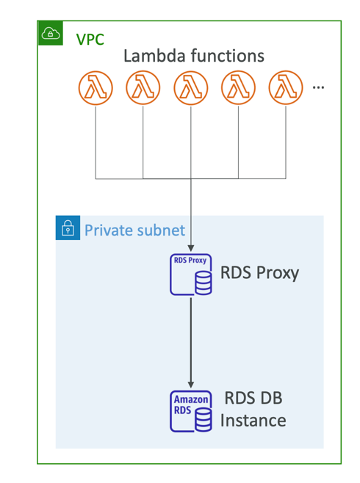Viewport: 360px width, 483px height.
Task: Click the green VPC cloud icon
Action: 51,33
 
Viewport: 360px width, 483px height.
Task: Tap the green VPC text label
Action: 90,40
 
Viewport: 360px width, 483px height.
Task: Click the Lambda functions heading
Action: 194,56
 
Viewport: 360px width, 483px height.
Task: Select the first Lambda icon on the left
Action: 96,88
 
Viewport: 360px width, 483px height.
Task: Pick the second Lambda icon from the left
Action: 143,88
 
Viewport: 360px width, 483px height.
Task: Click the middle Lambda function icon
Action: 191,88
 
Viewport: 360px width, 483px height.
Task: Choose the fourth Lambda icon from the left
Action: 238,88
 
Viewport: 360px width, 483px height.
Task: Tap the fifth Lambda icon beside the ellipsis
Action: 286,88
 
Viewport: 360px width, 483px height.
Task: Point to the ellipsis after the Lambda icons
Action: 318,88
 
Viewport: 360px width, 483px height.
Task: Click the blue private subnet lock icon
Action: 68,228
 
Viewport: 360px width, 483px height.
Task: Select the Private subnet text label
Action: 134,230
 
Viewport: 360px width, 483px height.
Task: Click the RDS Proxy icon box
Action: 191,275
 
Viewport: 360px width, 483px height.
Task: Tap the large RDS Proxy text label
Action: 259,273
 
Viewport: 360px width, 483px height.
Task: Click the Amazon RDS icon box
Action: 191,411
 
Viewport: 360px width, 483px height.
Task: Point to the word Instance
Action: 253,421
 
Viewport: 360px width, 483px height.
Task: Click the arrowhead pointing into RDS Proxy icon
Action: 191,248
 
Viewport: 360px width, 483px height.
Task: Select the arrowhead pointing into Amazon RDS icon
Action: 191,385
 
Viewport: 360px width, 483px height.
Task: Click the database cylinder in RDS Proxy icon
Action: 204,283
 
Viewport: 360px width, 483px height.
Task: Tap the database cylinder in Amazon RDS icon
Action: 204,420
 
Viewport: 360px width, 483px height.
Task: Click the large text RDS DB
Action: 253,398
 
